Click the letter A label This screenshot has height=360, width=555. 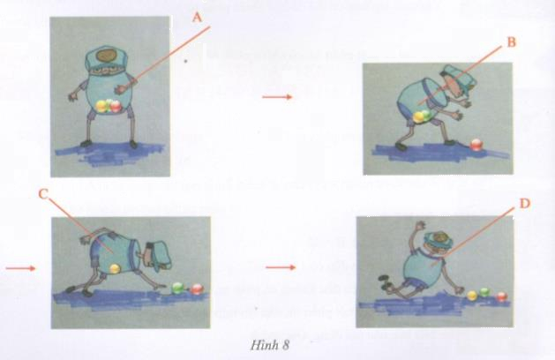pyautogui.click(x=198, y=17)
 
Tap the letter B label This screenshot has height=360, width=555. pyautogui.click(x=512, y=42)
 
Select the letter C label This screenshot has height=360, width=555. pyautogui.click(x=43, y=194)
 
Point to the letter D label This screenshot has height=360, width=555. pyautogui.click(x=525, y=204)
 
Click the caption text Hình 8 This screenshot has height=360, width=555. pyautogui.click(x=270, y=345)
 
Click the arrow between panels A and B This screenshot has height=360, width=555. pyautogui.click(x=277, y=97)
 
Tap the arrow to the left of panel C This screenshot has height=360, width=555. pyautogui.click(x=20, y=268)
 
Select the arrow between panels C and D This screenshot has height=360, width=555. pyautogui.click(x=281, y=267)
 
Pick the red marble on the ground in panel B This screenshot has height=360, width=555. pyautogui.click(x=476, y=145)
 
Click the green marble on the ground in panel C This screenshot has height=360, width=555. pyautogui.click(x=177, y=289)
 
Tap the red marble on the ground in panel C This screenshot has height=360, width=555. pyautogui.click(x=197, y=289)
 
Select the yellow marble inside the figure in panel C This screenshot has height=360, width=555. pyautogui.click(x=115, y=268)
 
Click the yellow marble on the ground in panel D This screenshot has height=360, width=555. pyautogui.click(x=472, y=296)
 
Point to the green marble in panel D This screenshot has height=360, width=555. pyautogui.click(x=484, y=292)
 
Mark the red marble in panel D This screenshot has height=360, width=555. pyautogui.click(x=501, y=296)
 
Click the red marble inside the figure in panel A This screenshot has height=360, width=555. pyautogui.click(x=116, y=106)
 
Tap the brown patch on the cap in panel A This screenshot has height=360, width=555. pyautogui.click(x=108, y=56)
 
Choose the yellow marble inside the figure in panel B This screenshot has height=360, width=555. pyautogui.click(x=419, y=117)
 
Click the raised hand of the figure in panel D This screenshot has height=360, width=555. pyautogui.click(x=421, y=226)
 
